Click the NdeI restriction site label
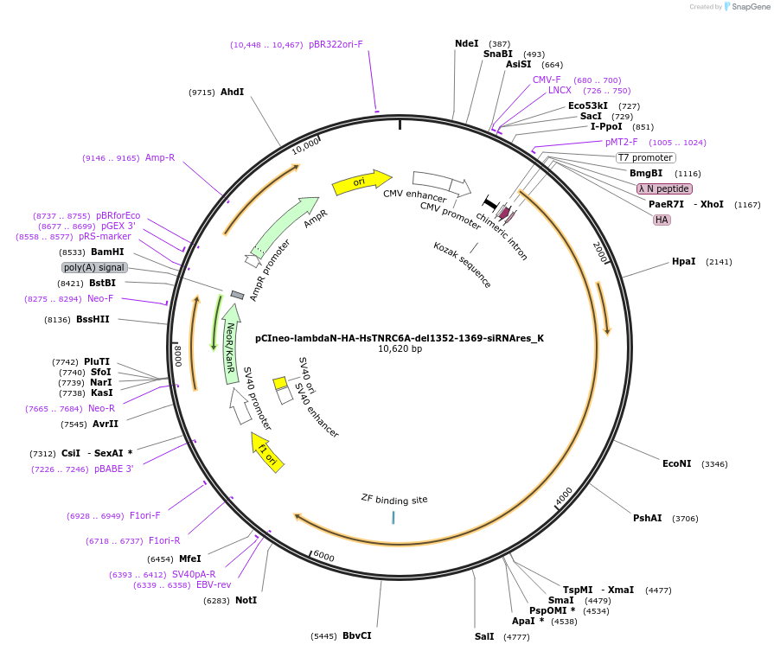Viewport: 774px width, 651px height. click(466, 43)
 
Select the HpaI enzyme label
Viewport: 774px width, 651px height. click(683, 261)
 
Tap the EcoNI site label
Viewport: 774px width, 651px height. click(676, 463)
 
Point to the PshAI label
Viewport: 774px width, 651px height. click(647, 518)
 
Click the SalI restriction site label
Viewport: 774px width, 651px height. click(484, 636)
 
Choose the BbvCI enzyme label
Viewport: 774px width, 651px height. click(356, 635)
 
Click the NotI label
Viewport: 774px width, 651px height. click(246, 600)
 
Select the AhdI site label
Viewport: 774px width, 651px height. click(232, 92)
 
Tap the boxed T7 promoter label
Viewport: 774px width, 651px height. click(645, 157)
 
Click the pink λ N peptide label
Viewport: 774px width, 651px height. click(664, 188)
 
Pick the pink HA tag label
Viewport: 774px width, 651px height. click(662, 220)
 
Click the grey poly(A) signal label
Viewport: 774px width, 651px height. click(95, 267)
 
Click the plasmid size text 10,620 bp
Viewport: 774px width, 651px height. click(400, 349)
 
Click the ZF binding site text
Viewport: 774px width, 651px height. click(394, 499)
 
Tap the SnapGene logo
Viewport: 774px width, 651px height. click(745, 7)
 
